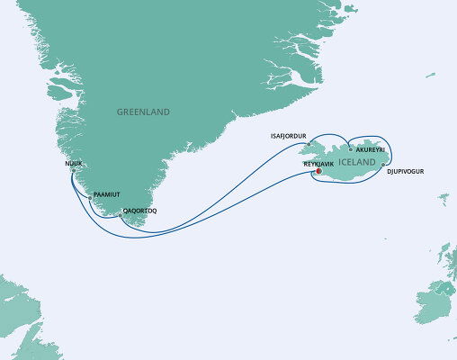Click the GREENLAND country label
tap(143, 112)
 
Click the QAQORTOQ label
tap(139, 214)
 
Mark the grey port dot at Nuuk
tap(72, 171)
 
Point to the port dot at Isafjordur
tap(308, 144)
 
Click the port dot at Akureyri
tap(351, 150)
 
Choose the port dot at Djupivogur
tap(383, 165)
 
